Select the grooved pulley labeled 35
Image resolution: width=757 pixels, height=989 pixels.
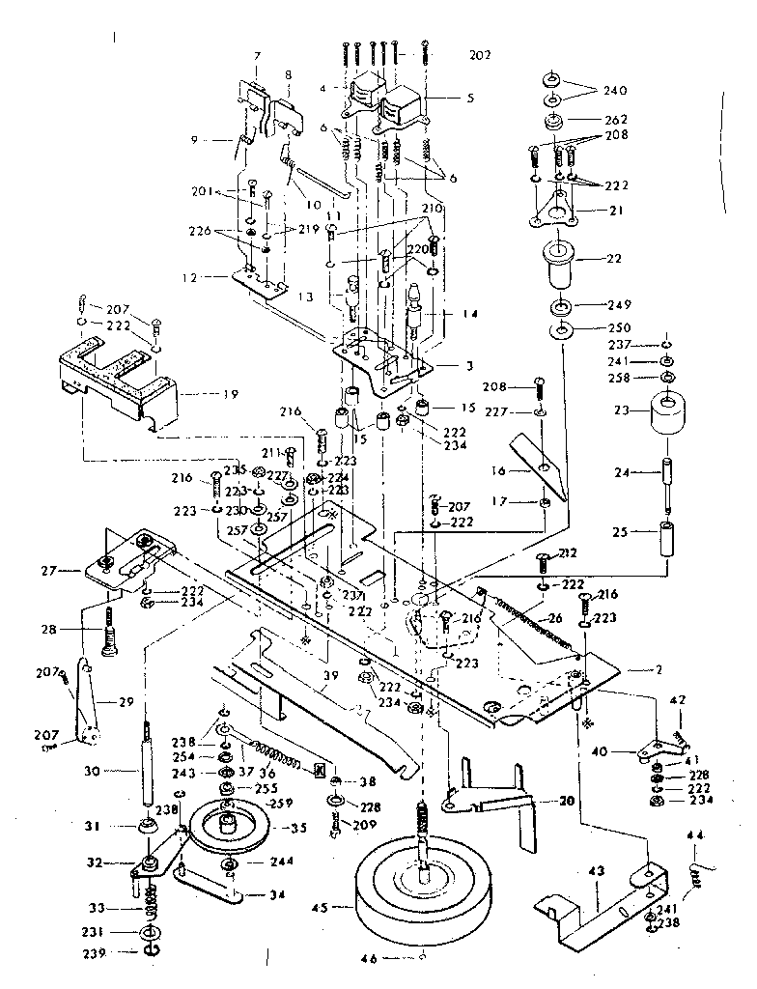tap(230, 827)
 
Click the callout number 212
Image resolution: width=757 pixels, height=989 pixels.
tap(567, 553)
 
